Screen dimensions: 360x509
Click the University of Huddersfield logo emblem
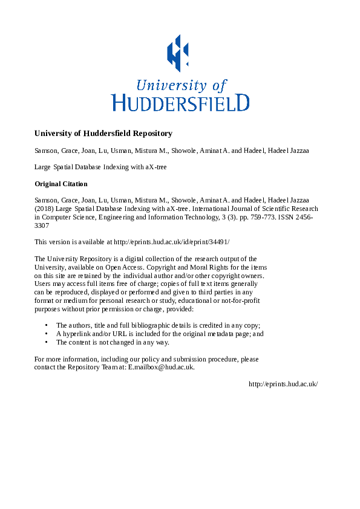click(178, 52)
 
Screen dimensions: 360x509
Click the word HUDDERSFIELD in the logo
click(180, 102)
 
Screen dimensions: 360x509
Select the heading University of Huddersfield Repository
click(103, 134)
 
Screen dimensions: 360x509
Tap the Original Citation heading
click(61, 184)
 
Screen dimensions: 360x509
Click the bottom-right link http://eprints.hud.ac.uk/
click(283, 384)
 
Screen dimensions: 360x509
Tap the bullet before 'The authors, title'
click(47, 325)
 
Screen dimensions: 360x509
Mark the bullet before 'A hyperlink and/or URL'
click(47, 334)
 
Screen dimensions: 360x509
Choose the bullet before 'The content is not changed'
click(47, 342)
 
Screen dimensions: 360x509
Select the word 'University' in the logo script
click(164, 85)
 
